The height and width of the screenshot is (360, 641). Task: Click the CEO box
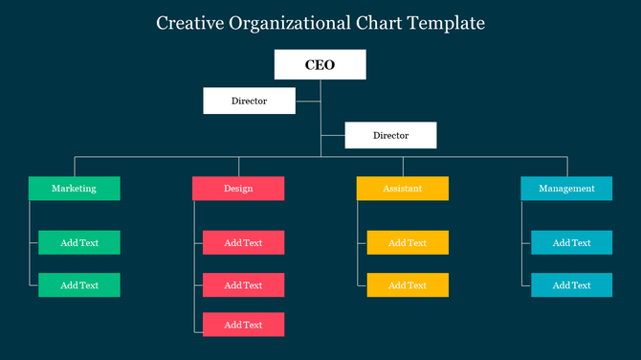point(320,65)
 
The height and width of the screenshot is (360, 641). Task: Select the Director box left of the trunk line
point(249,101)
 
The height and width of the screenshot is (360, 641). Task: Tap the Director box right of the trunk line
point(390,135)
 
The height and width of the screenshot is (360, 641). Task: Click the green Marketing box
point(75,189)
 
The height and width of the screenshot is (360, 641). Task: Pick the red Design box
point(238,189)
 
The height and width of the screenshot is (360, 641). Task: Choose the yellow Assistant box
point(403,189)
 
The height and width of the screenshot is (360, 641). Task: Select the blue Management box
point(566,189)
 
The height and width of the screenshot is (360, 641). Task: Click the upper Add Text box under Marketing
point(79,242)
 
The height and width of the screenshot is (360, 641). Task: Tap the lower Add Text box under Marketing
point(79,284)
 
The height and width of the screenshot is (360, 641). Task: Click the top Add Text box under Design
point(243,242)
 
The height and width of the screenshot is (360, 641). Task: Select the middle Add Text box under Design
point(243,284)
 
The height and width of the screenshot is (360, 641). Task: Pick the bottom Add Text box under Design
point(243,325)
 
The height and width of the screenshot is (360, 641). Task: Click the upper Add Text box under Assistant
point(408,242)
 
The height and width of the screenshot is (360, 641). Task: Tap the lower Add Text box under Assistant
point(408,284)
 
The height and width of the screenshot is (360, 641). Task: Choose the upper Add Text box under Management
point(571,242)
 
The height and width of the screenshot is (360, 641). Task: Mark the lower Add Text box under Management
point(571,284)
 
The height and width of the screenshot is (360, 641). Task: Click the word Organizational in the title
point(290,22)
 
